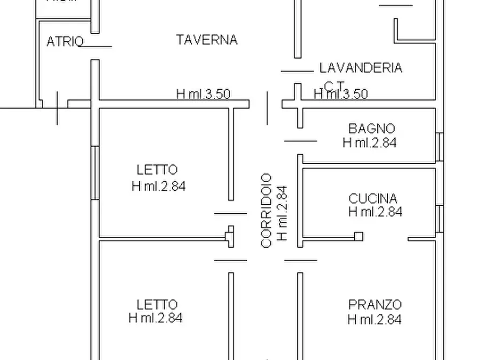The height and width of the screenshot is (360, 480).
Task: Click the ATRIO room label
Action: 65,41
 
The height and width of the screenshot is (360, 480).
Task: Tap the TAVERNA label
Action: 206,40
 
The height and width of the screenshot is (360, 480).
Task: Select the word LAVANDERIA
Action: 361,68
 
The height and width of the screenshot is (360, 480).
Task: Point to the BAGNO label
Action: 371,128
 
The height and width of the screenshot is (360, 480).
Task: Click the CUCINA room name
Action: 372,198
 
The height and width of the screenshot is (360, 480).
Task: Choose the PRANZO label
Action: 375,305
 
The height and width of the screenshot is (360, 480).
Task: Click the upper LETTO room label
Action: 157,170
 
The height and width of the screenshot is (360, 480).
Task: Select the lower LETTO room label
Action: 157,305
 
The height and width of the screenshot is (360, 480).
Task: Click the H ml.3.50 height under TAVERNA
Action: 203,94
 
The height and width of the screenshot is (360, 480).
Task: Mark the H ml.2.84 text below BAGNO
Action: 369,142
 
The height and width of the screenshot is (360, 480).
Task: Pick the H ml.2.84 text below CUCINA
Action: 375,212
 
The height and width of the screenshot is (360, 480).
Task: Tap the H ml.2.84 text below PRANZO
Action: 374,319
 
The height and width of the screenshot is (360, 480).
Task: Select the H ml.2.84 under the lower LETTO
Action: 155,318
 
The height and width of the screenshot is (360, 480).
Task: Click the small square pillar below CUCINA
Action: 359,236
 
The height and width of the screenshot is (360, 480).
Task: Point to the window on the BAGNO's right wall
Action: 440,147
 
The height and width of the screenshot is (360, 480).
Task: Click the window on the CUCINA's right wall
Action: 440,218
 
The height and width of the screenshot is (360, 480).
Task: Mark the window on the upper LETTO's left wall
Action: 95,172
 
